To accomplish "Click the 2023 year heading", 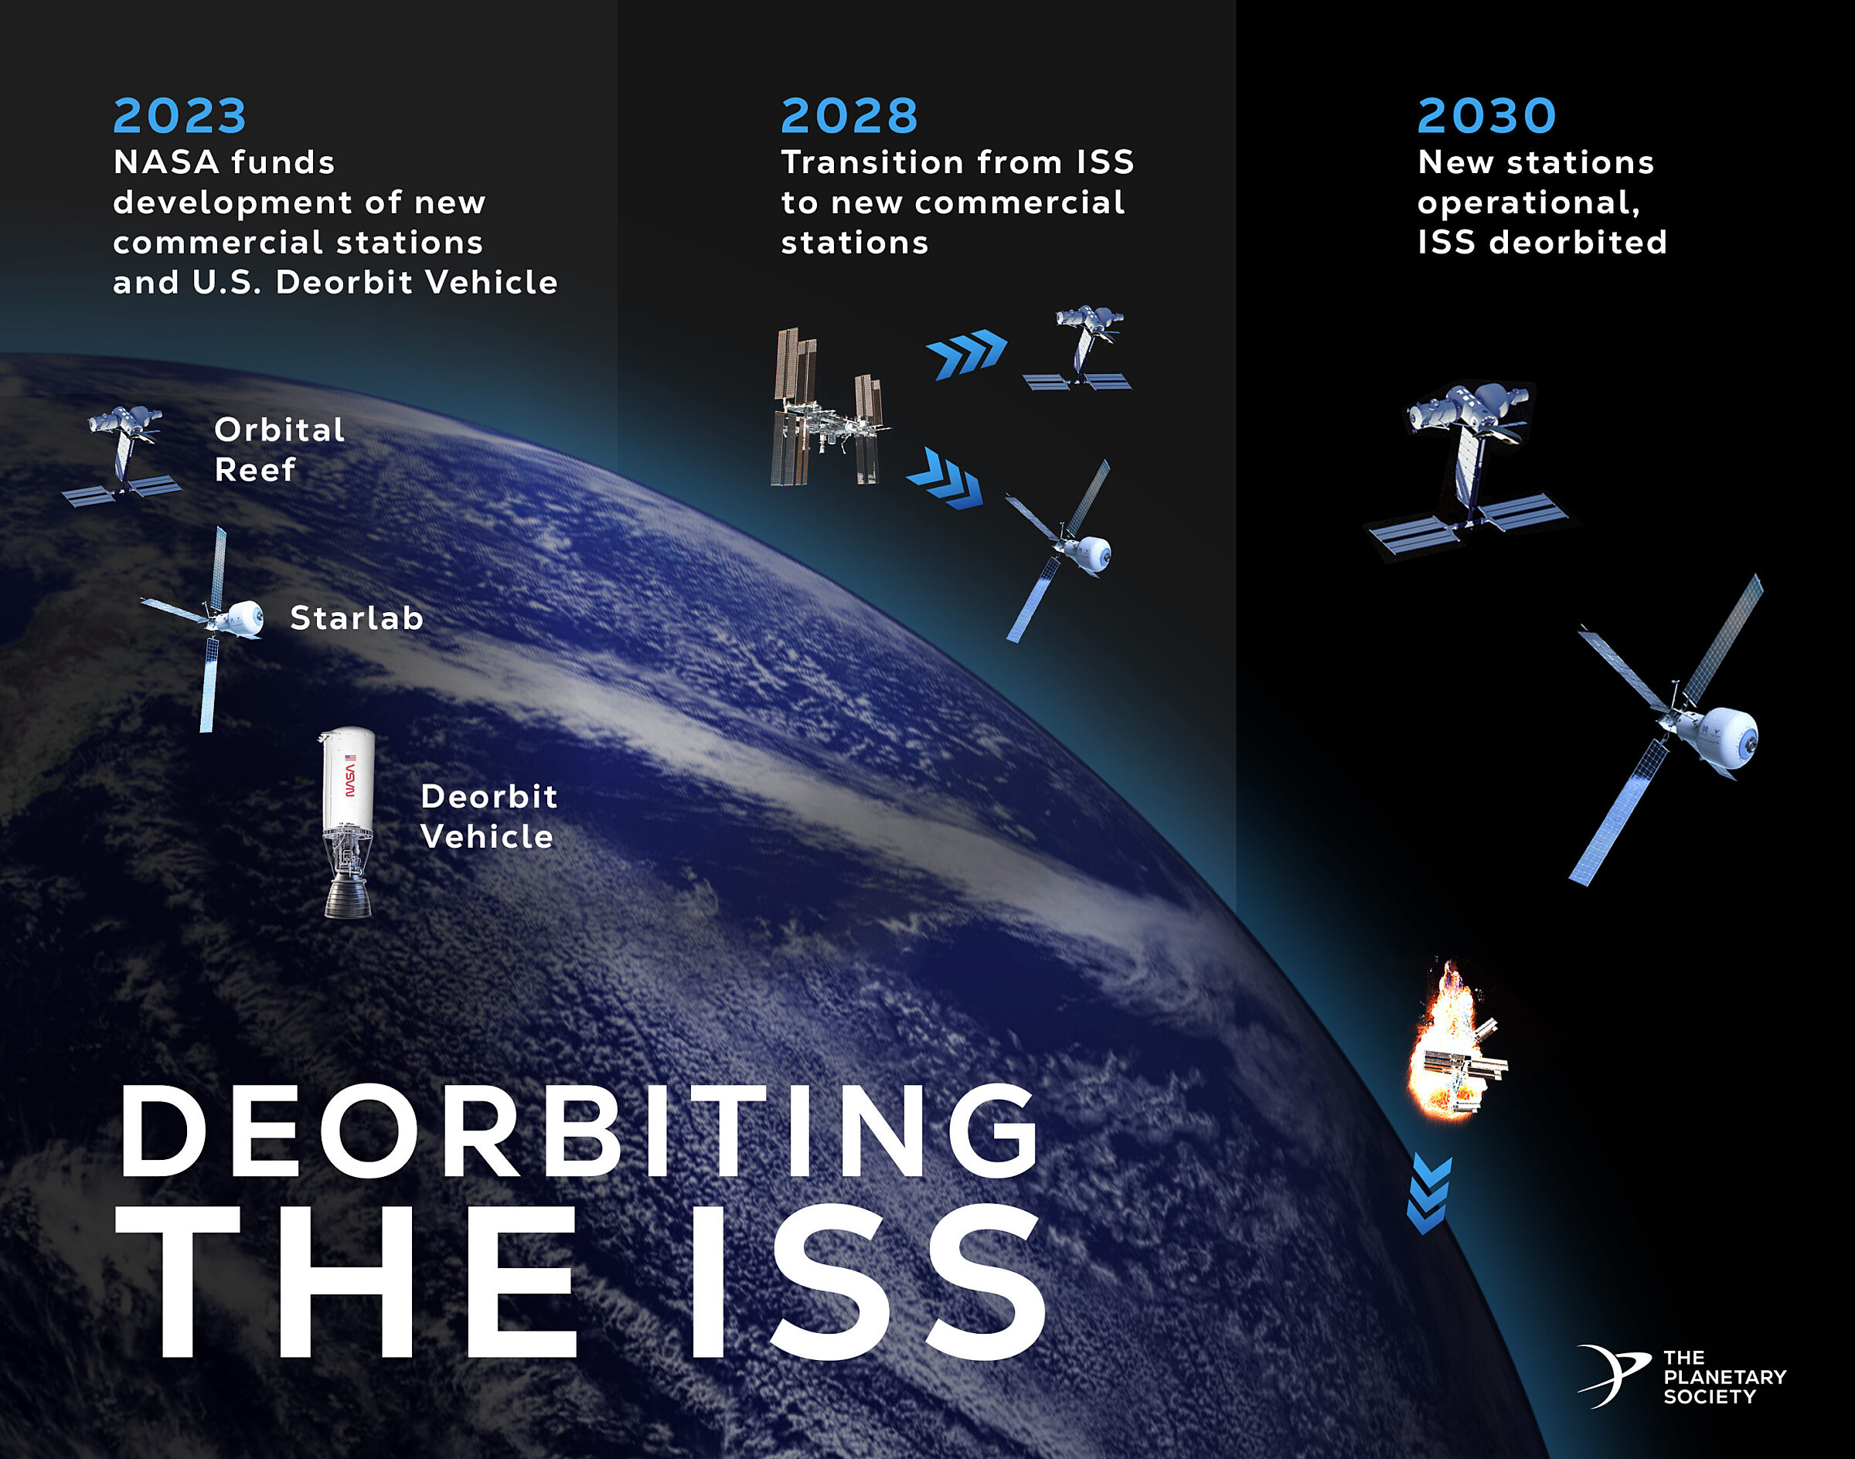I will tap(179, 116).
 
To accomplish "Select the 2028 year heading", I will tap(849, 116).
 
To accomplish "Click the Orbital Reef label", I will tap(278, 449).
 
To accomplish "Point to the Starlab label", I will tap(356, 617).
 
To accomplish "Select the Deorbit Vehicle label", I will tap(488, 816).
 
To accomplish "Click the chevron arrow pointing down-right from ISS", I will tap(945, 479).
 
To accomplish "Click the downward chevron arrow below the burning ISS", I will tap(1428, 1194).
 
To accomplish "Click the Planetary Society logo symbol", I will tap(1611, 1376).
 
